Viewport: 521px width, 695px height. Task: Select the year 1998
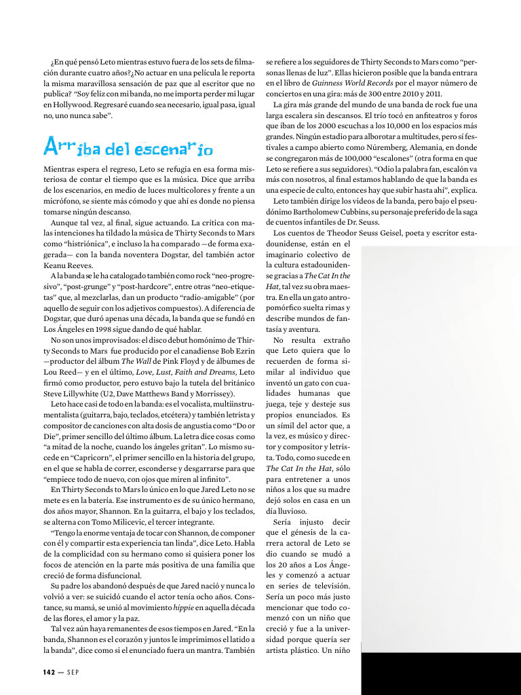(x=97, y=329)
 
